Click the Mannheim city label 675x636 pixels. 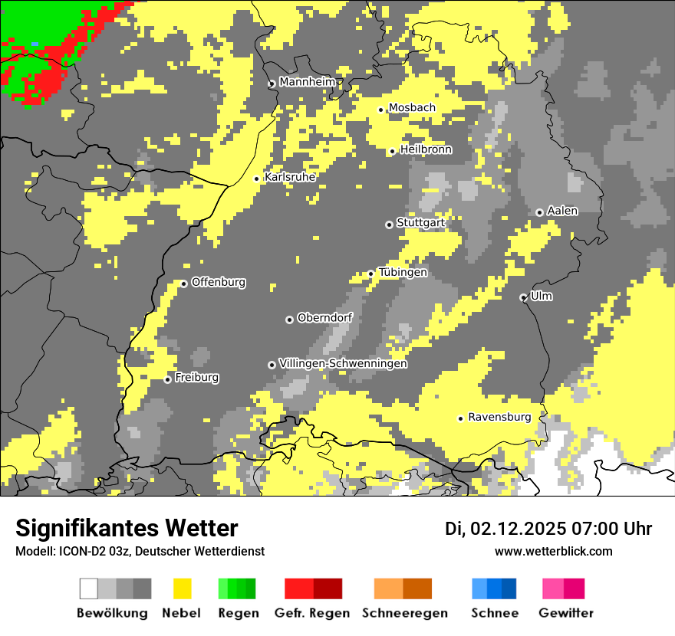coord(307,82)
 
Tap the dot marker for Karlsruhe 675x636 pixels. coord(257,179)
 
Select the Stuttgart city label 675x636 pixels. coord(420,223)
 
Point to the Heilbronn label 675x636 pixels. coord(426,149)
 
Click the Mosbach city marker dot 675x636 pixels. coord(380,110)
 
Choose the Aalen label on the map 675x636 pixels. coord(562,211)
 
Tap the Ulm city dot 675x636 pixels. coord(523,297)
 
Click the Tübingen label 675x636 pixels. coord(403,272)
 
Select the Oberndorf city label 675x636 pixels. coord(324,318)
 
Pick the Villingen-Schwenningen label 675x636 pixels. coord(343,363)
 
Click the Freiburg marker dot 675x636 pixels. coord(168,379)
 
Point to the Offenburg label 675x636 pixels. coord(219,282)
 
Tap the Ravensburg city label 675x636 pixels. coord(499,417)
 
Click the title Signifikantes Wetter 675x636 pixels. coord(127,528)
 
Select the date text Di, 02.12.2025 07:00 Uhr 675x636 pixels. coord(548,529)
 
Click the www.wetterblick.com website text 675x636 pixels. coord(553,551)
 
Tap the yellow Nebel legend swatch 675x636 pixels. coord(182,588)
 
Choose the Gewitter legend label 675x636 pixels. coord(565,613)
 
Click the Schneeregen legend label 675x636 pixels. coord(404,613)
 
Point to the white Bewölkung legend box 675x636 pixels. coord(89,588)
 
